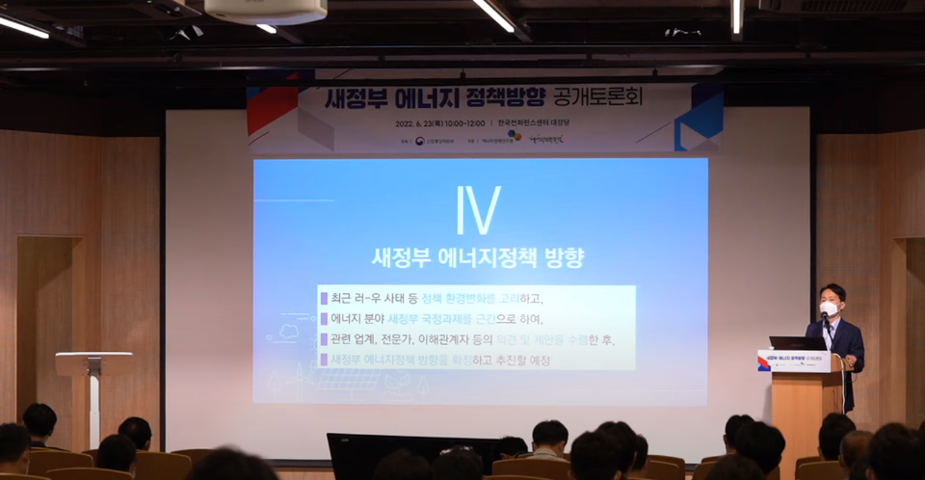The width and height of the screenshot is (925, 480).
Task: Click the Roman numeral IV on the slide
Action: pyautogui.click(x=478, y=211)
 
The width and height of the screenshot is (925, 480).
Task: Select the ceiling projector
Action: pyautogui.click(x=265, y=11)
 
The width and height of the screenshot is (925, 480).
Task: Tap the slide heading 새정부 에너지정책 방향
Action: pyautogui.click(x=478, y=258)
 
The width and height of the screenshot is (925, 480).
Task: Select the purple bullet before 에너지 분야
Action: pyautogui.click(x=324, y=318)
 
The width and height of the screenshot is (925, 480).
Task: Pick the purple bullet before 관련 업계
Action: pyautogui.click(x=324, y=339)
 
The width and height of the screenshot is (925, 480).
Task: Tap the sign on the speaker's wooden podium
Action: pyautogui.click(x=793, y=360)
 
